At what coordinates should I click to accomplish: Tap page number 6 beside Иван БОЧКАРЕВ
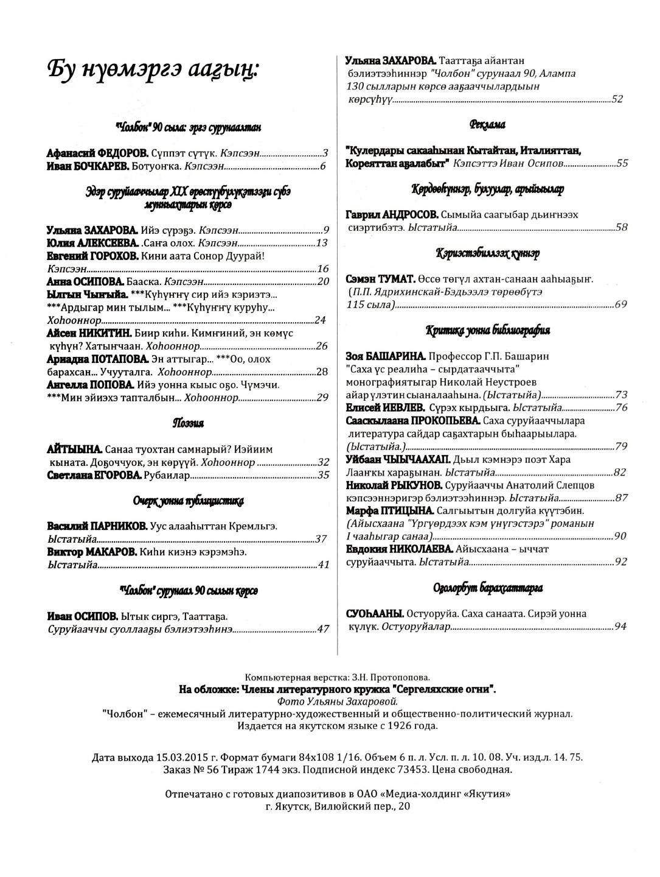(324, 166)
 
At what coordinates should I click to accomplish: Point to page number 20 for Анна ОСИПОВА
(323, 281)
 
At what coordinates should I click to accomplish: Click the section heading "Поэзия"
(188, 423)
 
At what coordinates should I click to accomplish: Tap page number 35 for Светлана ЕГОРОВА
(323, 475)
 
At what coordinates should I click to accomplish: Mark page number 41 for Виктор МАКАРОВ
(323, 565)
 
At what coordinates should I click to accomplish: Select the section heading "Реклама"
(487, 125)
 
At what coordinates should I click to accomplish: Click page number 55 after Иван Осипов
(622, 163)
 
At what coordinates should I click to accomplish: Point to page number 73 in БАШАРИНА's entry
(621, 395)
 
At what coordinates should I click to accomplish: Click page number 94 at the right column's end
(620, 626)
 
